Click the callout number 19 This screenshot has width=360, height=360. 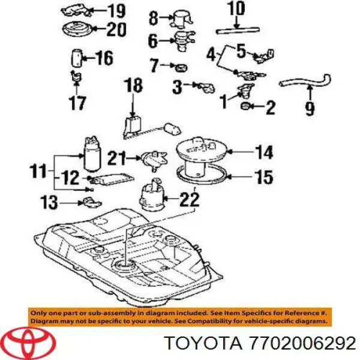coord(116,11)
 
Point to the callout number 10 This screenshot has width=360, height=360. coord(238,9)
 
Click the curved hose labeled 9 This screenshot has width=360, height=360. coord(305,81)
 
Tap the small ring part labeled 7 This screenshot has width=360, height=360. coord(181,67)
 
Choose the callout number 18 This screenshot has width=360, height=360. coord(133,85)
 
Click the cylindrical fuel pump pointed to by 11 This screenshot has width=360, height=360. coord(92,154)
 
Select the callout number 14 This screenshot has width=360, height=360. coord(264,152)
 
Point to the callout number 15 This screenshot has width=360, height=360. coord(265,177)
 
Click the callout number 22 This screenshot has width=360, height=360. coord(190,199)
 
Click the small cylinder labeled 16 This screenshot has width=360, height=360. coord(77,58)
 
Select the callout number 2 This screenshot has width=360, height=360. coord(270,107)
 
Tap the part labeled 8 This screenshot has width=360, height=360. coord(181,17)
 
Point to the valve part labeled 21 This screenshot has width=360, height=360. coord(154,160)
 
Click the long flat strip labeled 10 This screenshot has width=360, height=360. coord(238,31)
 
